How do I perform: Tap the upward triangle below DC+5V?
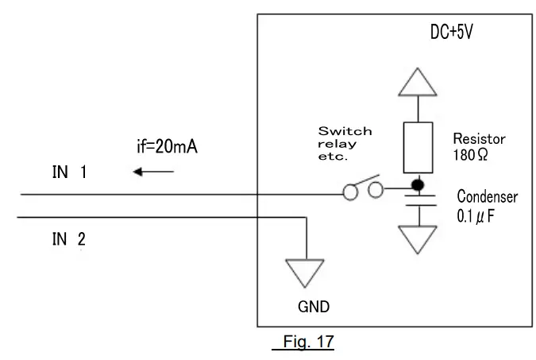coord(417,83)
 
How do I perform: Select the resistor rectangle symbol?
coord(417,148)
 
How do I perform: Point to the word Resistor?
coord(479,138)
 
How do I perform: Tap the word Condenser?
coord(487,196)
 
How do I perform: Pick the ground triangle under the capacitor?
coord(417,237)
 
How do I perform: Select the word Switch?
coord(345,131)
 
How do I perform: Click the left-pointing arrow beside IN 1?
coord(152,171)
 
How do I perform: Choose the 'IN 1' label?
coord(69,172)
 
